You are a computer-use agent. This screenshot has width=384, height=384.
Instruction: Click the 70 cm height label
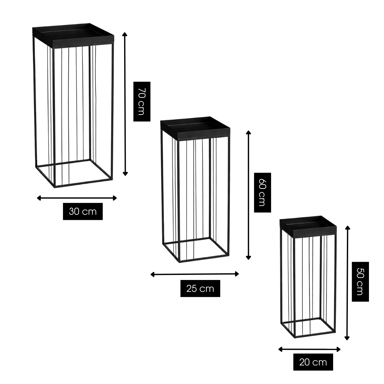click(x=142, y=101)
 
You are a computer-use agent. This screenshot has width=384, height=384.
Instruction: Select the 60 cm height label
click(x=262, y=193)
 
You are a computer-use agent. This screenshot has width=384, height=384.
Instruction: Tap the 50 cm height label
click(x=360, y=282)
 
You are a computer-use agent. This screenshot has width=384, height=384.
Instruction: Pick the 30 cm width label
click(x=83, y=212)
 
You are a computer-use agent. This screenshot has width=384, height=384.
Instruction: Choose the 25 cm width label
click(x=200, y=289)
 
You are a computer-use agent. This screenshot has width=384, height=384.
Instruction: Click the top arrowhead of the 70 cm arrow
click(x=125, y=34)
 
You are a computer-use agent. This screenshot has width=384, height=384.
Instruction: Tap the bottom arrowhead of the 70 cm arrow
click(x=125, y=174)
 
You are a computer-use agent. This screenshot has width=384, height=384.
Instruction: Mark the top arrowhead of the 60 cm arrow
click(x=248, y=132)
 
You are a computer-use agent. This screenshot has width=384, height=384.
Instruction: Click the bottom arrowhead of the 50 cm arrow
click(x=347, y=338)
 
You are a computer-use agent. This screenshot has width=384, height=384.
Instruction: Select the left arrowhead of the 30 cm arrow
click(x=39, y=198)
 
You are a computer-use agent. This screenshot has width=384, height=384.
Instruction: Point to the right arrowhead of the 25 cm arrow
click(x=237, y=274)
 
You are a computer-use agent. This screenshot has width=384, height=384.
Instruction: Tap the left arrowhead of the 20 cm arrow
click(x=280, y=349)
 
